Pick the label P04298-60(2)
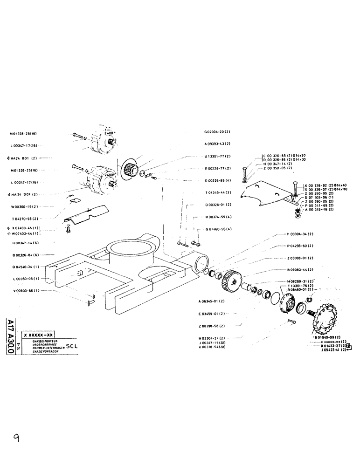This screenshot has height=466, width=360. point(300,245)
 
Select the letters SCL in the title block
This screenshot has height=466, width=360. point(72,346)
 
